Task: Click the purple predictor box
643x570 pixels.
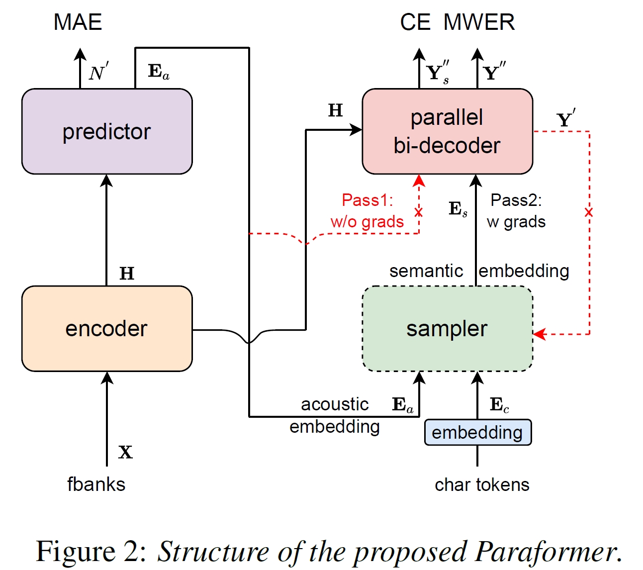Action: pos(106,131)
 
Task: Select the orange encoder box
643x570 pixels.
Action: pos(106,328)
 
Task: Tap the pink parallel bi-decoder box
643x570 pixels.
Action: pos(447,131)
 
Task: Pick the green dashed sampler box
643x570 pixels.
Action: pos(447,328)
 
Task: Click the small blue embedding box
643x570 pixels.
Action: pos(477,432)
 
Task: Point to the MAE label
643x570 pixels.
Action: pos(78,22)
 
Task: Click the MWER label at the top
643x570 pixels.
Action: pos(479,22)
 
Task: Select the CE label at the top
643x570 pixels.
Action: pos(415,22)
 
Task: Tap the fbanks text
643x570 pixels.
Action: pos(96,484)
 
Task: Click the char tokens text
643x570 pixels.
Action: pos(482,484)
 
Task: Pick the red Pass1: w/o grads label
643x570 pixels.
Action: pos(367,211)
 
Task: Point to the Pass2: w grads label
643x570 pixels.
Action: pos(516,211)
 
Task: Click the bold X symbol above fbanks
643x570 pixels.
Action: pos(125,452)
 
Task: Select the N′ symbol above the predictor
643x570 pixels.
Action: pos(98,73)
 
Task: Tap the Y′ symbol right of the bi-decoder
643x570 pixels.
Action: pos(565,119)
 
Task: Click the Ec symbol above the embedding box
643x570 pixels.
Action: pos(499,405)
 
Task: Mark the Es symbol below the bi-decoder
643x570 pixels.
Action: pos(458,209)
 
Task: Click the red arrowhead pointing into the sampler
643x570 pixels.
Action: pos(540,334)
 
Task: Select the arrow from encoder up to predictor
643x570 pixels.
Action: pos(106,229)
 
